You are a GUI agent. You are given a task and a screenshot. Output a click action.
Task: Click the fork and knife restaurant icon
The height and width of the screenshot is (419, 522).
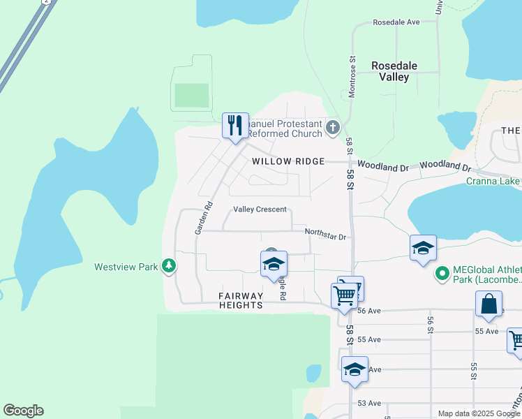point(235,126)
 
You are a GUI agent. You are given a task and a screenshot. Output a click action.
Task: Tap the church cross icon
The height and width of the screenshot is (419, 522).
point(333,127)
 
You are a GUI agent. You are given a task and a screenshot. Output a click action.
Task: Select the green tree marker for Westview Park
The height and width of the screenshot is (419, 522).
point(168,265)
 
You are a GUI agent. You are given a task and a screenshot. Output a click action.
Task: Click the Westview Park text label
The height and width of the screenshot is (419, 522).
point(126,266)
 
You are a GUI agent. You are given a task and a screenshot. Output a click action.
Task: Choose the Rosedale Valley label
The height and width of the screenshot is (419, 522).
point(394,71)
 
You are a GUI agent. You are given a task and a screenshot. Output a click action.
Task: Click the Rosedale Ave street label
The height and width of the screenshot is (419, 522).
point(396,22)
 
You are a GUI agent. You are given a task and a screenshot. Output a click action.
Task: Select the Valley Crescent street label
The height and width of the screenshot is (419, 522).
point(260,209)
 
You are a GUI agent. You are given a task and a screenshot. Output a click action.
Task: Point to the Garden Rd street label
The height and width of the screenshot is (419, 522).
point(202,217)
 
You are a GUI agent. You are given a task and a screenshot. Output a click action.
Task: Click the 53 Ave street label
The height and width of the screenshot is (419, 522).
point(369,403)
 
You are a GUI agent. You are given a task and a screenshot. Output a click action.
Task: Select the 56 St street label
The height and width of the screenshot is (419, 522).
point(431,325)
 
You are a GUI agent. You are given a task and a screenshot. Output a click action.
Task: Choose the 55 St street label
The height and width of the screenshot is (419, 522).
point(473,371)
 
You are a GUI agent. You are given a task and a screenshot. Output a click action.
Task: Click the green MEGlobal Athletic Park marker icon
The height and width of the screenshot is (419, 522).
point(441,274)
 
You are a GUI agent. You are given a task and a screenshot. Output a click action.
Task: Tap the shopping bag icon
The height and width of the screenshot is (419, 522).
point(489,304)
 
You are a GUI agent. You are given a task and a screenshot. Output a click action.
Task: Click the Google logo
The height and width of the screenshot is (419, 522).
point(23,411)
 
